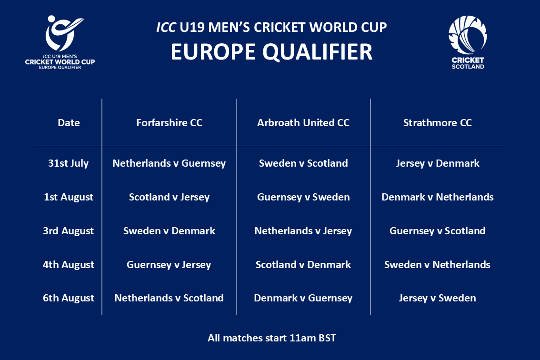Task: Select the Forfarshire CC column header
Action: (x=169, y=123)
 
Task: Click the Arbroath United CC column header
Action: (x=303, y=123)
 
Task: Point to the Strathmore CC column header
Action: (x=437, y=123)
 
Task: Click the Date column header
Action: (x=69, y=123)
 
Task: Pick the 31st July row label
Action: (x=69, y=163)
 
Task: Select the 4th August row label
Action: (x=69, y=265)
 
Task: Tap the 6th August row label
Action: (x=69, y=299)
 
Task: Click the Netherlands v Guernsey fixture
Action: (x=169, y=163)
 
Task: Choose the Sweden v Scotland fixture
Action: (x=303, y=163)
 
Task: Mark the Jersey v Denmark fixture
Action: (x=437, y=163)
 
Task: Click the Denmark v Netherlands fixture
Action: (x=437, y=197)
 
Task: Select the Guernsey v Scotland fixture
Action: (x=437, y=231)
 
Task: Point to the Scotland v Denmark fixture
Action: (x=303, y=265)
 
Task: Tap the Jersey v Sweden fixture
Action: (x=437, y=299)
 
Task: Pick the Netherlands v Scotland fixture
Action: (x=169, y=299)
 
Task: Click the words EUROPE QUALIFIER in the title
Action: (x=271, y=52)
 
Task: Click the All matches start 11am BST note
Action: (x=271, y=339)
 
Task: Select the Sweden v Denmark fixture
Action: (x=169, y=231)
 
